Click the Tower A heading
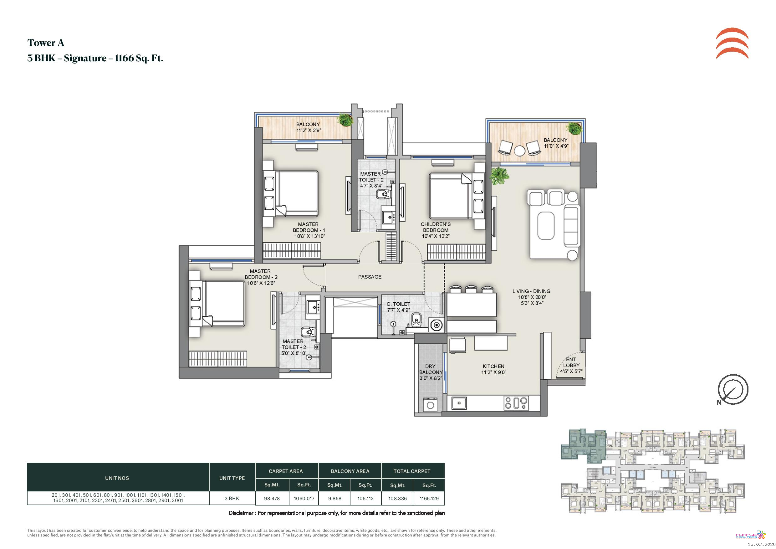coord(46,43)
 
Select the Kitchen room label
coord(493,369)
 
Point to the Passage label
coord(370,276)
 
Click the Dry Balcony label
coord(431,372)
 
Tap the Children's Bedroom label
coord(436,230)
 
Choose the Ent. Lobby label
coord(571,365)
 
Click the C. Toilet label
coord(398,307)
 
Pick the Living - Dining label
coord(531,297)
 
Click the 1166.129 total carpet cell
coord(429,498)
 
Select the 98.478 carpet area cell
coord(272,498)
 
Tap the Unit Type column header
coord(232,478)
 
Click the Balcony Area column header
coord(350,471)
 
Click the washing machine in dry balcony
coord(430,405)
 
